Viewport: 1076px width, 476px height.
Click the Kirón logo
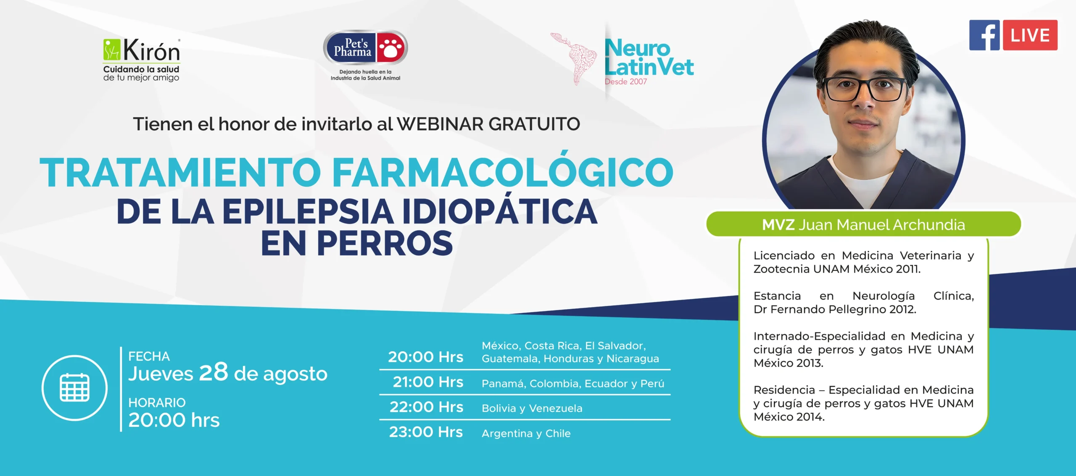[142, 60]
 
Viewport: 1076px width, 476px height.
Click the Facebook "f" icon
[984, 35]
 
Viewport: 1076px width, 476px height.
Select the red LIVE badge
[1030, 35]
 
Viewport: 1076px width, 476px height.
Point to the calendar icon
[75, 387]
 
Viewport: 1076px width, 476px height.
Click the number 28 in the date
[214, 372]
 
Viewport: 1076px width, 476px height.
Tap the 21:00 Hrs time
[428, 382]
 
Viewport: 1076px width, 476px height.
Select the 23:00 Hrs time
[426, 432]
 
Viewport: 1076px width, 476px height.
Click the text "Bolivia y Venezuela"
[532, 408]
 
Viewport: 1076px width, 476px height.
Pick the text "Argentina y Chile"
[526, 434]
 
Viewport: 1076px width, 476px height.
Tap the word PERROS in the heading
[385, 243]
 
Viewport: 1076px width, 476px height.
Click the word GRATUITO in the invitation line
[534, 124]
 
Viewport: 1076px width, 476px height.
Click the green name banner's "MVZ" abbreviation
[778, 225]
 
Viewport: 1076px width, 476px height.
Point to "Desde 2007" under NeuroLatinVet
[626, 82]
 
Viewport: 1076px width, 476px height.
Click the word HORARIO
[157, 402]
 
